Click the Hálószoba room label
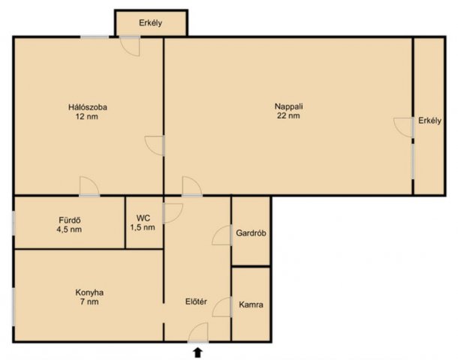tap(88, 107)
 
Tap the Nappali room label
tap(288, 106)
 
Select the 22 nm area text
tap(288, 115)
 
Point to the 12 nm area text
tap(87, 117)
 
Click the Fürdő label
tap(70, 220)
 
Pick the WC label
tap(143, 218)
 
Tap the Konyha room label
tap(89, 292)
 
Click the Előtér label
tap(196, 301)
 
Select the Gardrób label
tap(251, 233)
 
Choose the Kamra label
tap(251, 304)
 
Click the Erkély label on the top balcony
tap(150, 23)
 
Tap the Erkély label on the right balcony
tap(429, 121)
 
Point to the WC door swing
tap(177, 217)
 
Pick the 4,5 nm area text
tap(69, 229)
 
